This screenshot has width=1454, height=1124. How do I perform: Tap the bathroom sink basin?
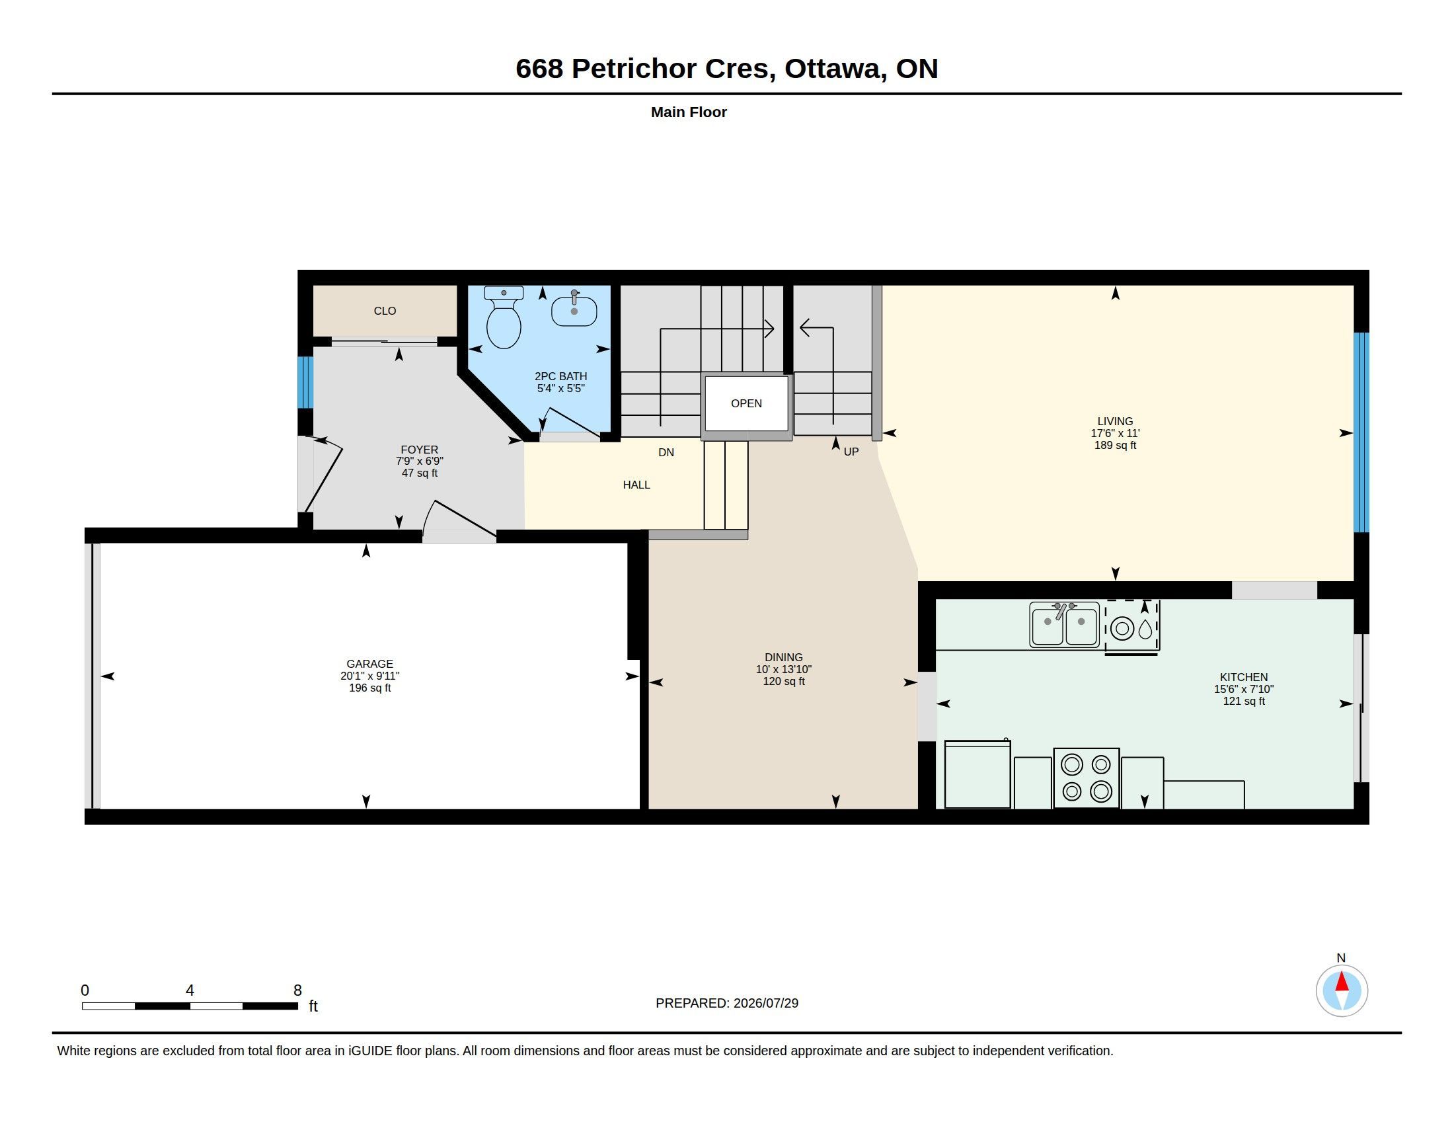[x=574, y=310]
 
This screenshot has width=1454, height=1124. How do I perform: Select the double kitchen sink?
[x=1064, y=625]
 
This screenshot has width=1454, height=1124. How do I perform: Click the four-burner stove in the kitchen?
[x=1086, y=778]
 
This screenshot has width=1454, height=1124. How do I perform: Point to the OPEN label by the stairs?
[x=746, y=403]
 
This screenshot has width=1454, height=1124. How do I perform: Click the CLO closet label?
[x=385, y=311]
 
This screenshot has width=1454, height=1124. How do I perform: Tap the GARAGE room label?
[x=369, y=664]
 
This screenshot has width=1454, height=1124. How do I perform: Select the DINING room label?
[x=784, y=657]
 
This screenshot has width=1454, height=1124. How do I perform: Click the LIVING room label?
[x=1115, y=421]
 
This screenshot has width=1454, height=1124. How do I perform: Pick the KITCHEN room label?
[x=1244, y=677]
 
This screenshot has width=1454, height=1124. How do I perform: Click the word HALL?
[x=636, y=485]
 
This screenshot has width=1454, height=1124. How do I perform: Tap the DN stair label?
[x=666, y=453]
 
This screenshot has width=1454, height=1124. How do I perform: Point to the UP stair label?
[x=851, y=452]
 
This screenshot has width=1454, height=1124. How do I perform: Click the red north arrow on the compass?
[x=1342, y=982]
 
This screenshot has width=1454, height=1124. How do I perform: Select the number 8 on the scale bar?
[x=297, y=990]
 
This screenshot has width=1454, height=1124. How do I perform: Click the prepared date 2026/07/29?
[x=765, y=1003]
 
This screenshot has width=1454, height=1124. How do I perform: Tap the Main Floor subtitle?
[x=689, y=112]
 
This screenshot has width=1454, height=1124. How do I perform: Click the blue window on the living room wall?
[x=1361, y=432]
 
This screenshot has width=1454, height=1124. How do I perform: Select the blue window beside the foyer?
[x=305, y=382]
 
